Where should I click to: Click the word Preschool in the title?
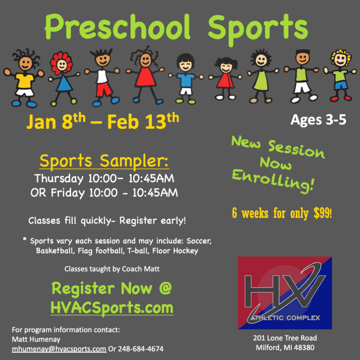pos(117,27)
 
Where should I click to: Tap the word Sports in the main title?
pos(258,30)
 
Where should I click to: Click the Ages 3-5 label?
pos(318,120)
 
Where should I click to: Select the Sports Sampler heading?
pos(104,161)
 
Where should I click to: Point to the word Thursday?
pos(59,179)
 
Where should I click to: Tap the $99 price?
pos(322,213)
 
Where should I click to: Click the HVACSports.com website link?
pos(112,308)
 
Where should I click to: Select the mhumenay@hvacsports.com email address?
pos(59,349)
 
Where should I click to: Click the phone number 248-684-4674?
pos(141,349)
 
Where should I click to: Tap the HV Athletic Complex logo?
pos(285,293)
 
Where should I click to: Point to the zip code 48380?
pos(304,347)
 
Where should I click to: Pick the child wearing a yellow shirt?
pos(24,78)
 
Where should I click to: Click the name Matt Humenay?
pos(36,339)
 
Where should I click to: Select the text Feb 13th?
pos(143,121)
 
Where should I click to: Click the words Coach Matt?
pos(141,269)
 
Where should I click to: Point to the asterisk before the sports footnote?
pos(25,239)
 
